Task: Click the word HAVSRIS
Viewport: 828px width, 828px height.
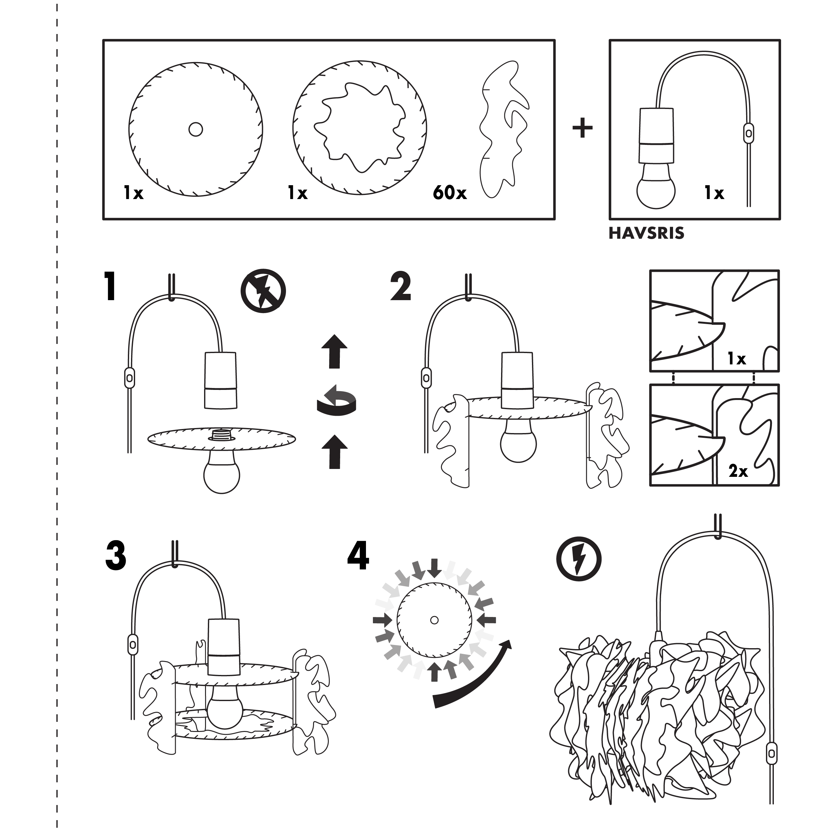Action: tap(646, 233)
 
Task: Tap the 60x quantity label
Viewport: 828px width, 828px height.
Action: tap(449, 193)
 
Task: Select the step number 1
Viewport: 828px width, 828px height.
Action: tap(110, 286)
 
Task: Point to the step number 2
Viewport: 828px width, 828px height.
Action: tap(401, 286)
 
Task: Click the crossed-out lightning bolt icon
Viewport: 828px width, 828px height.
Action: tap(263, 291)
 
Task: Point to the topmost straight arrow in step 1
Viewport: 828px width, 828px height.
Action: tap(335, 351)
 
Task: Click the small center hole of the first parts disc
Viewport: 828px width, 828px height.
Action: tap(196, 129)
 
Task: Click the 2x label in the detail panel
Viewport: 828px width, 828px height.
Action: tap(738, 471)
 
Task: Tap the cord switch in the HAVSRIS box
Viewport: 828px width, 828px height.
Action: tap(748, 133)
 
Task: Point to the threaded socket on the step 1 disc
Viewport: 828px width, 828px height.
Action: tap(222, 434)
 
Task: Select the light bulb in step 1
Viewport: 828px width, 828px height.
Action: tap(222, 473)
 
